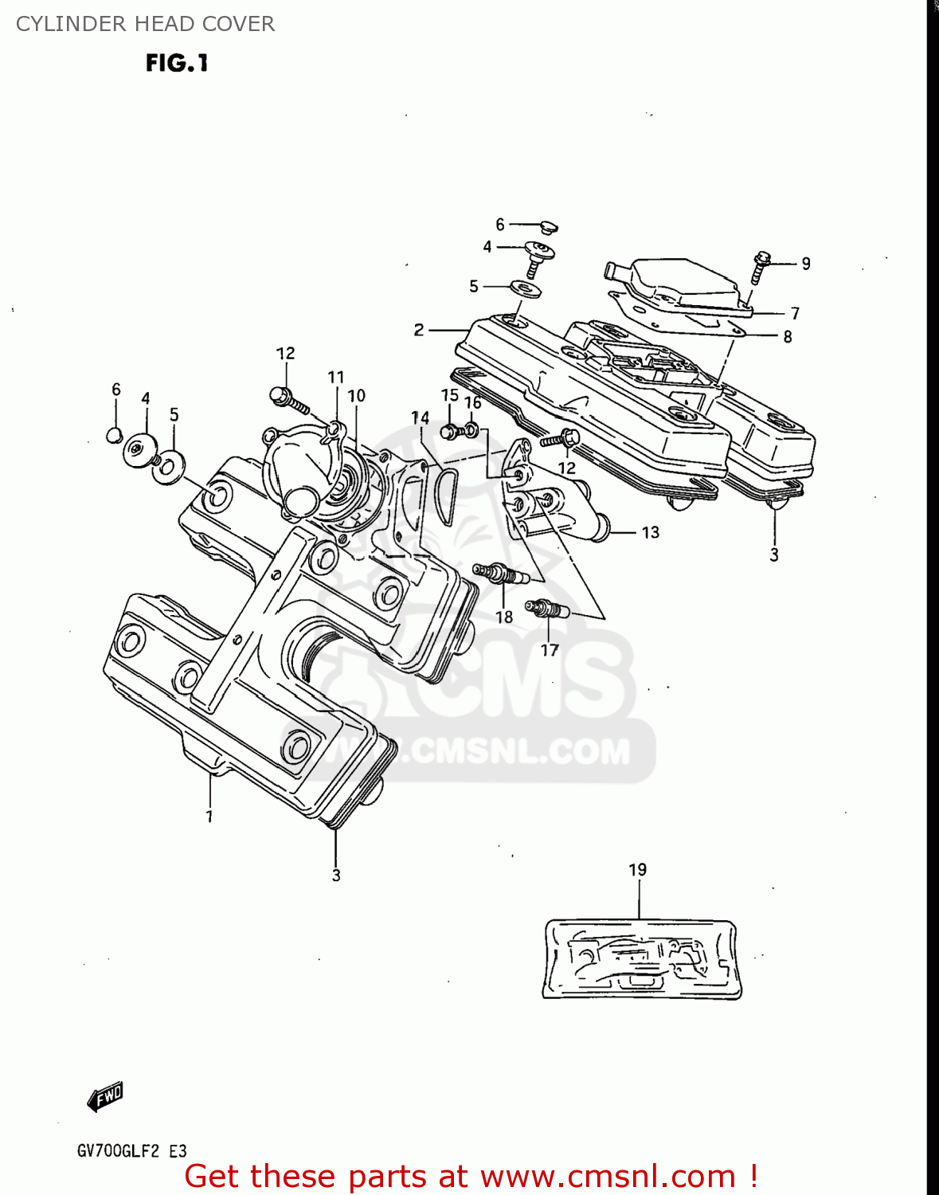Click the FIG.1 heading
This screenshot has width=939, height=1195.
[x=177, y=63]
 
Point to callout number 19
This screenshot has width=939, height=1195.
[x=638, y=870]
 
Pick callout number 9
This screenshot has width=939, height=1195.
[x=806, y=264]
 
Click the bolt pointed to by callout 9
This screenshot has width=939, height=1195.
[x=760, y=267]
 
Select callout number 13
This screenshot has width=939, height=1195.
[x=651, y=532]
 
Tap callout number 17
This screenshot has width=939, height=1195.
[x=550, y=651]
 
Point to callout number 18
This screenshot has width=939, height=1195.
[x=504, y=617]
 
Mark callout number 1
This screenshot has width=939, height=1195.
[x=209, y=817]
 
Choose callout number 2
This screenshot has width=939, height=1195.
[x=419, y=330]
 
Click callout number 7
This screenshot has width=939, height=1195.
[x=795, y=313]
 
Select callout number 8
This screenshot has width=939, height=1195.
[x=788, y=337]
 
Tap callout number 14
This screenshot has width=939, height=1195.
[x=420, y=417]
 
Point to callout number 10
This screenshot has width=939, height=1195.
[x=356, y=396]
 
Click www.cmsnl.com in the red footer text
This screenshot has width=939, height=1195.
[x=608, y=1176]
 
